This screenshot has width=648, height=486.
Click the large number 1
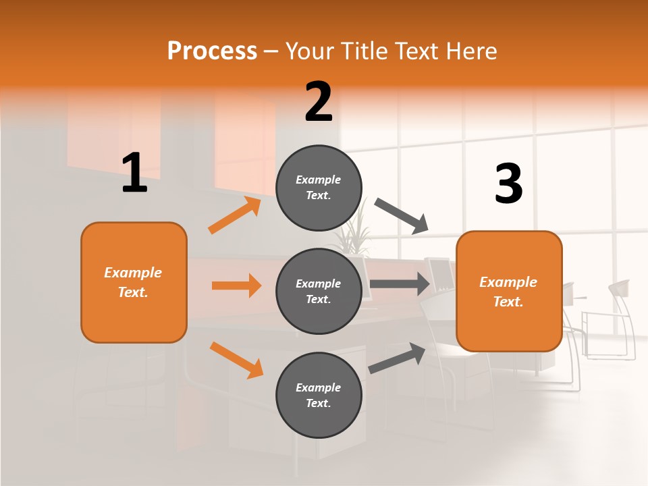coord(134,173)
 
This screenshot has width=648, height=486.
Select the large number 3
coord(508,184)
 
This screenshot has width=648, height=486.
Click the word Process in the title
coord(212,51)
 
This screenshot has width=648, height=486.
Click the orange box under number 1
coord(134,282)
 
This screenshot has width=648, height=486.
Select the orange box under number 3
coord(509,292)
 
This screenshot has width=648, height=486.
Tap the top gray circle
coord(319,188)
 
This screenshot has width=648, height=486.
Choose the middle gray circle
coord(319,292)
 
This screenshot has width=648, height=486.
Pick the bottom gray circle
coord(319,396)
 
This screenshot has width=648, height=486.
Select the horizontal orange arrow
coord(236,286)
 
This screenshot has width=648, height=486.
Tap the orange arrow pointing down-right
coord(236,359)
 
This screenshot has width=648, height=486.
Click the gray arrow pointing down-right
coord(402,216)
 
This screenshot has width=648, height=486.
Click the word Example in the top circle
coord(319,180)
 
